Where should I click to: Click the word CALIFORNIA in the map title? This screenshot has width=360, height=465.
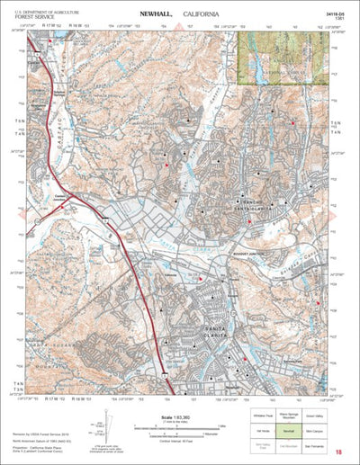coord(206,14)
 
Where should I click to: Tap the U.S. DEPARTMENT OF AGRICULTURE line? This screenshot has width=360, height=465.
coord(46,9)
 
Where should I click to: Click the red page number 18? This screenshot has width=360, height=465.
coord(337,452)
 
